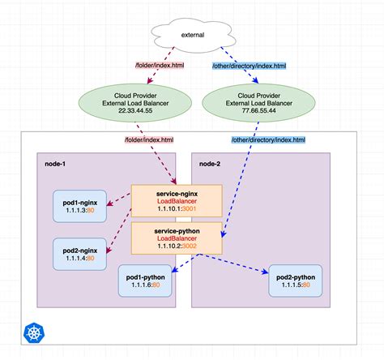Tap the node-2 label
tap(210, 163)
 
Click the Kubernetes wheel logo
tap(34, 332)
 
